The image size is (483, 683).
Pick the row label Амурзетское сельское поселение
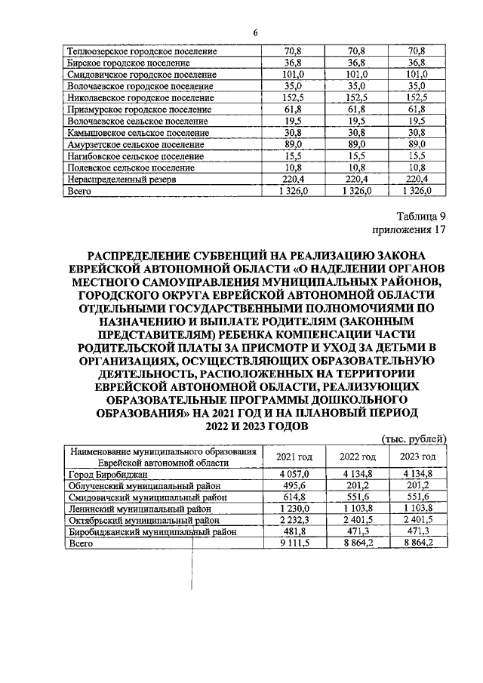click(130, 144)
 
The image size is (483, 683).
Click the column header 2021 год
click(294, 457)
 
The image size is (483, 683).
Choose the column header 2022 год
click(358, 457)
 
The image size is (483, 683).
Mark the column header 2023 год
click(417, 457)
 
